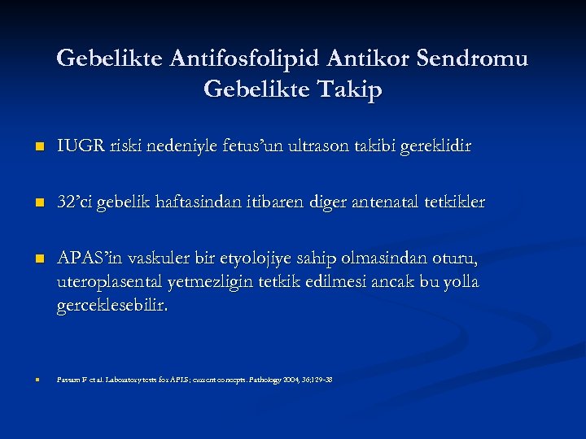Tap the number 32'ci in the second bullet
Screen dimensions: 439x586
click(75, 202)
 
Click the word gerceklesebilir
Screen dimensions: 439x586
click(113, 305)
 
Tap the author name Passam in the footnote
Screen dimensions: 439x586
click(68, 380)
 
